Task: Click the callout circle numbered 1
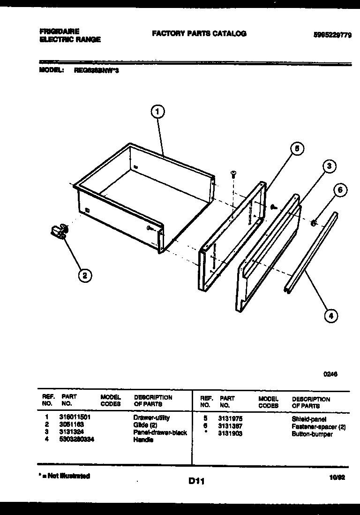(158, 112)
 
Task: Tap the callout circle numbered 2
(84, 275)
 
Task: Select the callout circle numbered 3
(330, 166)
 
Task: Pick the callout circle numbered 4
(331, 316)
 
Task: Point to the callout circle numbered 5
(296, 149)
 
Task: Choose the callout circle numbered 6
(340, 190)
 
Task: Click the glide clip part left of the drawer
(59, 232)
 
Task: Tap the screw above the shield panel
(233, 174)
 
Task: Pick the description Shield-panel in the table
(309, 419)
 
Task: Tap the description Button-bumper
(312, 434)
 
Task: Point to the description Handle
(144, 439)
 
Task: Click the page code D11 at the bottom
(196, 481)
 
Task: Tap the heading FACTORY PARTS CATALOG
(199, 34)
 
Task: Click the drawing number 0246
(330, 374)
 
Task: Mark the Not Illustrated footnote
(64, 476)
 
